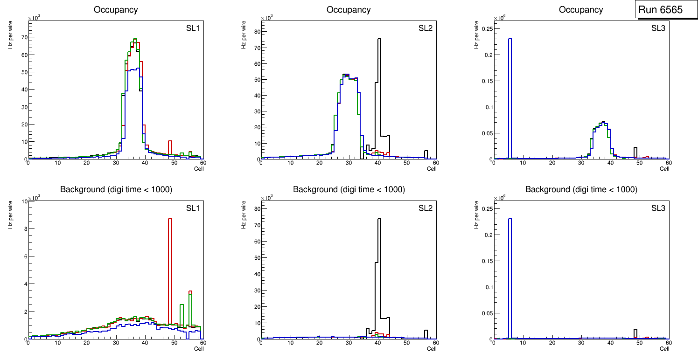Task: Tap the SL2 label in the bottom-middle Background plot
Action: click(x=426, y=208)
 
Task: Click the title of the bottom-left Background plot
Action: click(x=116, y=189)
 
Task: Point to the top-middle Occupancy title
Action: click(x=349, y=9)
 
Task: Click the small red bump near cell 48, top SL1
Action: click(x=170, y=147)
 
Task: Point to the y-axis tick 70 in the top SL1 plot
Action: click(x=24, y=37)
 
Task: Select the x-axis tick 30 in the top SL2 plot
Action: click(x=349, y=163)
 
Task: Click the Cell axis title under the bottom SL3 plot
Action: click(x=664, y=349)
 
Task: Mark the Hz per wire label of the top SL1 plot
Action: click(x=10, y=33)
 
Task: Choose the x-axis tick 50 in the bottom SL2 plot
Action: click(x=407, y=343)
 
